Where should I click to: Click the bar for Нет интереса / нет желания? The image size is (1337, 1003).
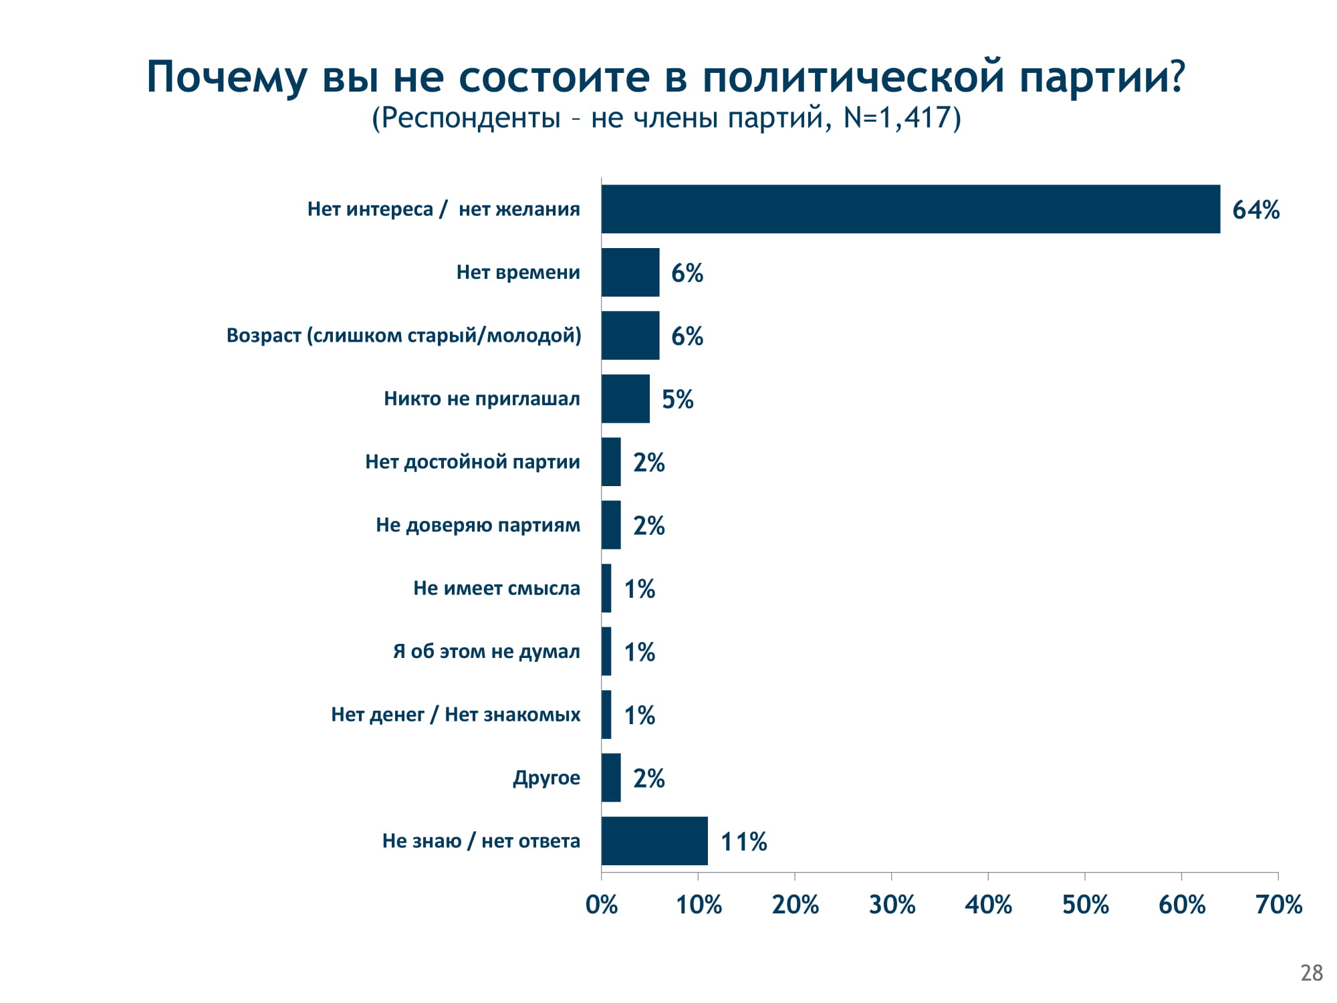tap(910, 209)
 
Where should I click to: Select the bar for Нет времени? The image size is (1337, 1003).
tap(630, 272)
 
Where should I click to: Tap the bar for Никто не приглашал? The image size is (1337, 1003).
tap(626, 399)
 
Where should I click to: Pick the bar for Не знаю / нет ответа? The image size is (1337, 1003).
tap(654, 841)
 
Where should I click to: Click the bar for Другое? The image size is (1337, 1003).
tap(611, 778)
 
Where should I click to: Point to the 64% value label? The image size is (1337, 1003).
tap(1255, 210)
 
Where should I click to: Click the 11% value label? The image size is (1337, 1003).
tap(743, 842)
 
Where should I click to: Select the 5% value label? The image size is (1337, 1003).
tap(677, 399)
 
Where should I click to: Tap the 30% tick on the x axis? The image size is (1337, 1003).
tap(892, 905)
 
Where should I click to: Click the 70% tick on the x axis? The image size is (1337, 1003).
tap(1278, 905)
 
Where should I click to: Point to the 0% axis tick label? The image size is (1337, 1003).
tap(602, 905)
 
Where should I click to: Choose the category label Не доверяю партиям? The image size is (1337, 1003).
tap(478, 525)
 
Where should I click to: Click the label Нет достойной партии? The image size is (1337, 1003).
tap(473, 462)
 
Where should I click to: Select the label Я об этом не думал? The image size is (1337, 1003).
tap(487, 651)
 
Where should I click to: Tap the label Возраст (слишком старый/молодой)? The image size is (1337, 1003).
tap(404, 335)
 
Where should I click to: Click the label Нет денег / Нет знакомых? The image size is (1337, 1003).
tap(456, 715)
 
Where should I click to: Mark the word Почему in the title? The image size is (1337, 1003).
tap(227, 78)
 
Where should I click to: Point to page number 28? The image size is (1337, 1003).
tap(1312, 973)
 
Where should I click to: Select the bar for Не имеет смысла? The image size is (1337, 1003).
tap(606, 588)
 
